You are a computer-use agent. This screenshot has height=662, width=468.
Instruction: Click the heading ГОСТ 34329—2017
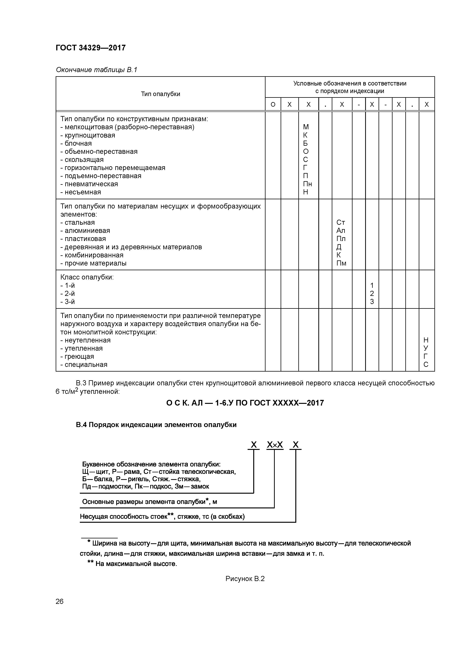click(91, 48)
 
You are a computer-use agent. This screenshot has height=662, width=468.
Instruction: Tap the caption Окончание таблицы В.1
click(96, 70)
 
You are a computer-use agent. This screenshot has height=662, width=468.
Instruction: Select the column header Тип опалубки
click(160, 94)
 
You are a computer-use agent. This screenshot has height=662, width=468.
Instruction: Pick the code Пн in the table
click(307, 184)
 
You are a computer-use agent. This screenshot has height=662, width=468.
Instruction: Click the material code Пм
click(341, 263)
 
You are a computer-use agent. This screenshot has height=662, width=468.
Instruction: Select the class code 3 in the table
click(372, 302)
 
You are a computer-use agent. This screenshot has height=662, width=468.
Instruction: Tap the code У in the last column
click(426, 348)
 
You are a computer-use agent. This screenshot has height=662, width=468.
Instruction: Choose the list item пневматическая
click(91, 184)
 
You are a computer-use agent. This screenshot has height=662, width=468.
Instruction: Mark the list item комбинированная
click(94, 255)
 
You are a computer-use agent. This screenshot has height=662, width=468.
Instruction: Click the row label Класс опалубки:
click(87, 277)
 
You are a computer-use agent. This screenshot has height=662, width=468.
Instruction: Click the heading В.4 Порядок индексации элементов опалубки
click(156, 425)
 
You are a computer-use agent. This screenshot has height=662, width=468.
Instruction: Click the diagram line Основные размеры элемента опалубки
click(149, 502)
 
